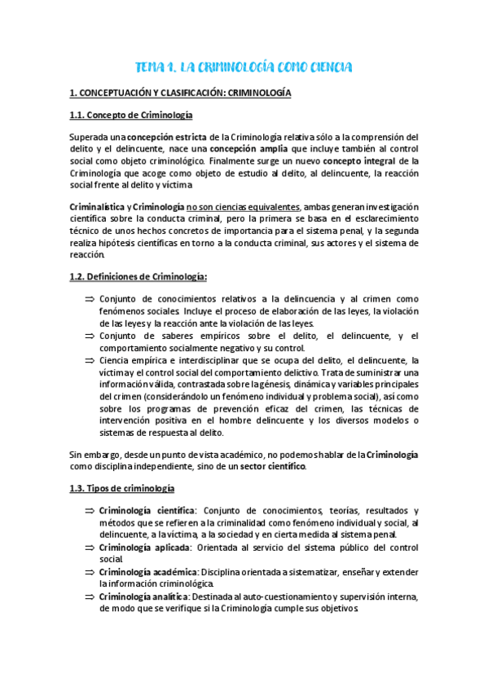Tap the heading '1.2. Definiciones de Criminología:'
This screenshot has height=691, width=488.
coord(138,277)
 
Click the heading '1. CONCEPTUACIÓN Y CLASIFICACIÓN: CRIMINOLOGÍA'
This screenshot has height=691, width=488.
coord(180,94)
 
